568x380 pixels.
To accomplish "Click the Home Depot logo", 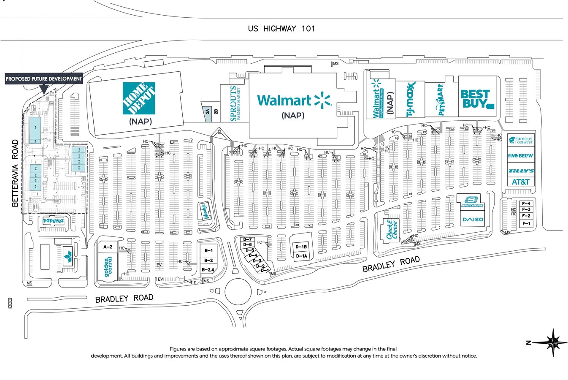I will click(x=139, y=98).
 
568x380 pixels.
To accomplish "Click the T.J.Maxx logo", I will click(x=411, y=99).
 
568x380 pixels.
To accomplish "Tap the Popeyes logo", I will click(x=53, y=221).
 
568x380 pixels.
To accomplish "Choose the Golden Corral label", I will click(x=108, y=267).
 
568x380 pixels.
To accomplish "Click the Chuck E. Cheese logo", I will click(x=392, y=230).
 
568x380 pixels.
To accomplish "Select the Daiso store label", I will click(x=473, y=220).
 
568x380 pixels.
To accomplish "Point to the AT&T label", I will click(x=520, y=182).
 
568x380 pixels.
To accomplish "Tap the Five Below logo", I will click(x=520, y=155).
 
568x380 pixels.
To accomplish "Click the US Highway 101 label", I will click(x=281, y=29).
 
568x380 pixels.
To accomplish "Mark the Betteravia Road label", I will click(x=16, y=173).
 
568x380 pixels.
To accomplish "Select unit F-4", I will click(x=526, y=204).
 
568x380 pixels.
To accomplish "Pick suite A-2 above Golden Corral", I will click(x=108, y=247).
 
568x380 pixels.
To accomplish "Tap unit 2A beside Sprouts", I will click(x=207, y=112).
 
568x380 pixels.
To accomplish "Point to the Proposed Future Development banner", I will click(x=43, y=79).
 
